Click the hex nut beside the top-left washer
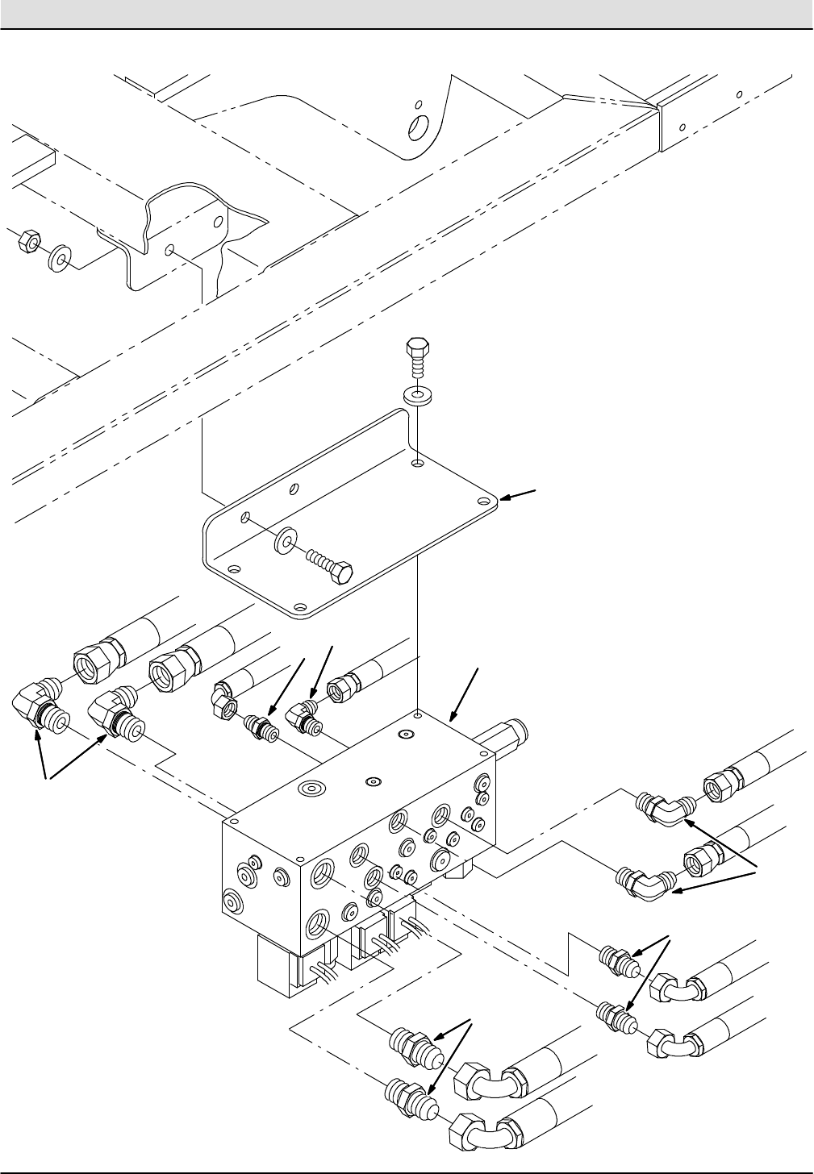point(26,242)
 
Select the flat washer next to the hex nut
point(58,260)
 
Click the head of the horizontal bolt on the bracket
point(342,573)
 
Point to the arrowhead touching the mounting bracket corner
point(504,500)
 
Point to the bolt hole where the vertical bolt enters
point(415,464)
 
